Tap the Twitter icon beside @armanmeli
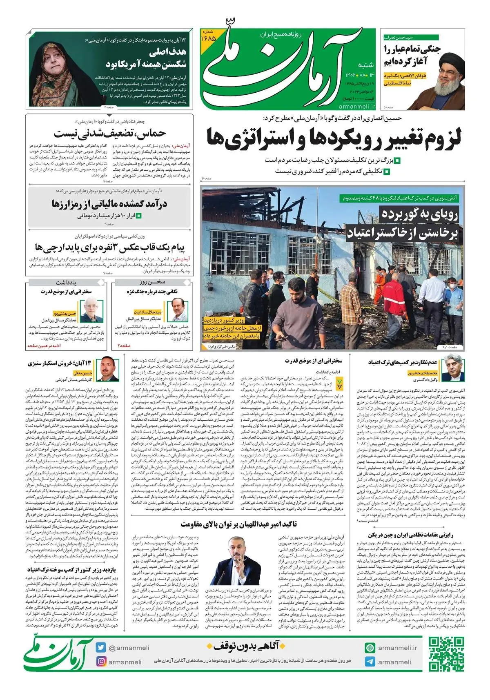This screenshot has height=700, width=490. point(101,647)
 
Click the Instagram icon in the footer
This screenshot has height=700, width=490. point(101,661)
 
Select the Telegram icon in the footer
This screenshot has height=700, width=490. point(370,662)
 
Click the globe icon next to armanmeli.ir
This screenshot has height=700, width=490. point(370,648)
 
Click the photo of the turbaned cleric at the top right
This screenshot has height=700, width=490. point(449,80)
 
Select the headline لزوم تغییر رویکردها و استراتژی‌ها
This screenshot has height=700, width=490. point(334,137)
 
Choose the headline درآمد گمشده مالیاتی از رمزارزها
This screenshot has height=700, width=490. point(109,203)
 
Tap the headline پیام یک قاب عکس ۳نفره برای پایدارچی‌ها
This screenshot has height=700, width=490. point(109,247)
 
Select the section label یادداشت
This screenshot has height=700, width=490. point(66,282)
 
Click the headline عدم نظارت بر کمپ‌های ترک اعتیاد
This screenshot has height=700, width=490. point(403,362)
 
